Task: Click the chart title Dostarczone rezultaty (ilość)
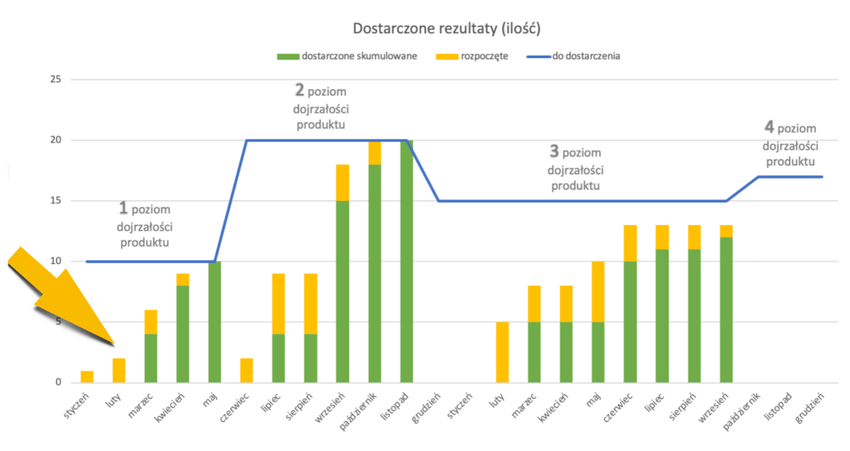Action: pyautogui.click(x=447, y=28)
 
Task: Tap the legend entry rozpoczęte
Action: pyautogui.click(x=486, y=56)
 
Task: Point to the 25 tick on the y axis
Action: pyautogui.click(x=56, y=80)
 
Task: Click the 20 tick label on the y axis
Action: pyautogui.click(x=56, y=140)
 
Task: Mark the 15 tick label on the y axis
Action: pyautogui.click(x=56, y=201)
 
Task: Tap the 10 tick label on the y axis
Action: pyautogui.click(x=56, y=262)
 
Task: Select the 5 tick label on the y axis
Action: pyautogui.click(x=58, y=322)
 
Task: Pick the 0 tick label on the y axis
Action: pyautogui.click(x=58, y=383)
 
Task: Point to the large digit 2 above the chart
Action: pyautogui.click(x=300, y=89)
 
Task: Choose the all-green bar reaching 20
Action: pyautogui.click(x=406, y=262)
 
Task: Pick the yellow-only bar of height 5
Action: pyautogui.click(x=503, y=352)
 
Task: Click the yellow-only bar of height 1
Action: pyautogui.click(x=86, y=376)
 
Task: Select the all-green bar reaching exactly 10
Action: pyautogui.click(x=214, y=322)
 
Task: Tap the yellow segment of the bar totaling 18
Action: pyautogui.click(x=342, y=183)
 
